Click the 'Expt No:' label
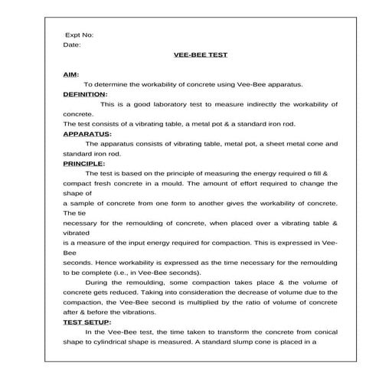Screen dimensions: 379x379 (x=79, y=34)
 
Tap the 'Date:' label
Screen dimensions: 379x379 (x=71, y=44)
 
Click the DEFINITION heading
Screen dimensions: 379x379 (x=84, y=93)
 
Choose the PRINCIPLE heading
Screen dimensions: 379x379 (x=83, y=163)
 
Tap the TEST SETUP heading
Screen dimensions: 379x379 (x=86, y=322)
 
